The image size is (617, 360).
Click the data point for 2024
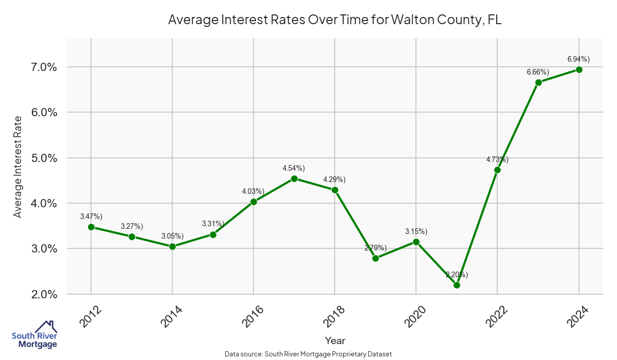tap(578, 69)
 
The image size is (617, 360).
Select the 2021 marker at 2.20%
tap(457, 285)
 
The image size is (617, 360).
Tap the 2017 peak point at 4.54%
tap(294, 178)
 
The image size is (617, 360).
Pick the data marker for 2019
tap(375, 258)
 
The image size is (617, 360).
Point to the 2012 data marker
tap(91, 227)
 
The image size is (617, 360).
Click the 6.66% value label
tap(538, 72)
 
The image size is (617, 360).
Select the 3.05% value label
tap(172, 236)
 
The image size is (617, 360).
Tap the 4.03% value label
tap(253, 191)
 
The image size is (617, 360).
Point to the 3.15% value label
tap(416, 231)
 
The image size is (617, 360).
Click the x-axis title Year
tap(335, 340)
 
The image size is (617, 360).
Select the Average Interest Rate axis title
tap(18, 167)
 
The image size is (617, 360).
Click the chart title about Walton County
tap(335, 20)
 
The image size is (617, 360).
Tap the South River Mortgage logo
tap(34, 335)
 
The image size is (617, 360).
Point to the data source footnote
tap(308, 354)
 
